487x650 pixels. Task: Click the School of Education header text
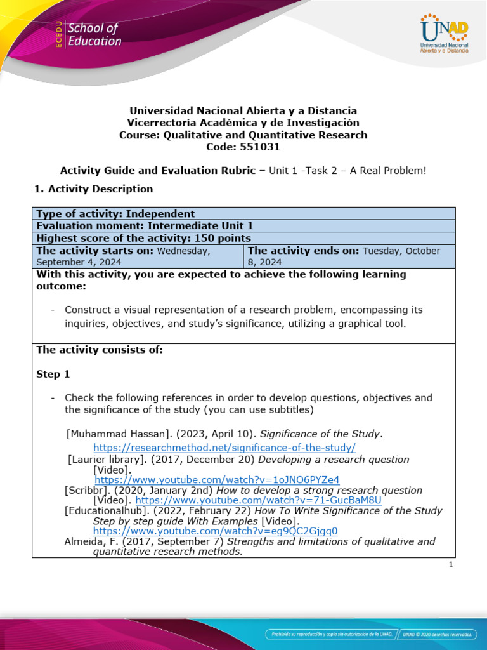coord(94,35)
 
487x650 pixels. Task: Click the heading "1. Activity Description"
coord(93,189)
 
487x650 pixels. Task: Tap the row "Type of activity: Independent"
coord(115,214)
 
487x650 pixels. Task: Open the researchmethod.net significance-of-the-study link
coord(224,447)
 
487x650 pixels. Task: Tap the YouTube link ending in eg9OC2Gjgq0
coord(216,531)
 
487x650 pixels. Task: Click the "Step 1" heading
coord(53,375)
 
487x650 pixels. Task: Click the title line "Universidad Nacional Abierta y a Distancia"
coord(243,110)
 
